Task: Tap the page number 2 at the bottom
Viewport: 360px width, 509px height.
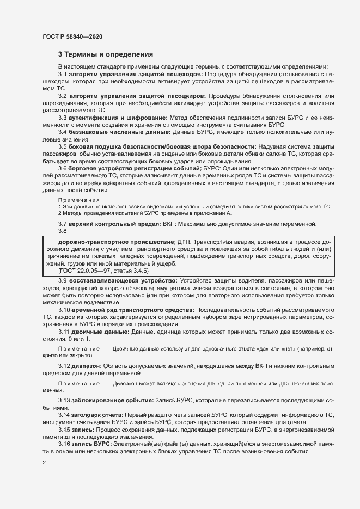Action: tap(44, 463)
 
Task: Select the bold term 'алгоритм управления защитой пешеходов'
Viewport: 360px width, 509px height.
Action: tap(136, 73)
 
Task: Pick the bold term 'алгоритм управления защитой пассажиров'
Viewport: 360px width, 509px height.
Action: tap(139, 96)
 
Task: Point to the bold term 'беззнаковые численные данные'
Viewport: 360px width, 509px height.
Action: tap(118, 132)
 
